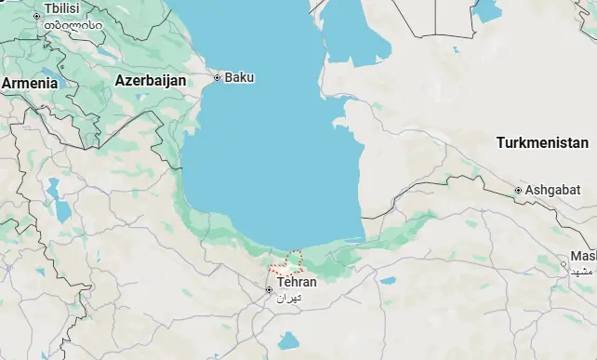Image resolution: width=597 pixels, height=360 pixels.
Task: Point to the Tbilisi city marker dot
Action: coord(37,16)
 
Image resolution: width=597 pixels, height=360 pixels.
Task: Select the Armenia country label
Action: coord(29,83)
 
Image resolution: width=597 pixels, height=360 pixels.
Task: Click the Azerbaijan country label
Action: coord(150,81)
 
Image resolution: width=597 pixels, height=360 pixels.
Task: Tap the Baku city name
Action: coord(240,76)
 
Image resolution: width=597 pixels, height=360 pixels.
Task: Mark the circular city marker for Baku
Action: coord(218,77)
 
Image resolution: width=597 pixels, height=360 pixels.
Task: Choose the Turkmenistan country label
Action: coord(542,143)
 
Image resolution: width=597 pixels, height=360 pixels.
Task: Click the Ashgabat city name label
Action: coord(551,191)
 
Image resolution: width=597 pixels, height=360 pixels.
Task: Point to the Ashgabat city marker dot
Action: coord(519,192)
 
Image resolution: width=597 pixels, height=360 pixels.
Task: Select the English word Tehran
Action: coord(297,282)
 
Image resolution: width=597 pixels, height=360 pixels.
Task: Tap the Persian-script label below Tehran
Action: coord(291,298)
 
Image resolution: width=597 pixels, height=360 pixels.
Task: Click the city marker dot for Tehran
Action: coord(270,290)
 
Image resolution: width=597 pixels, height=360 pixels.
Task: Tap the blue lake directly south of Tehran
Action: coord(288,340)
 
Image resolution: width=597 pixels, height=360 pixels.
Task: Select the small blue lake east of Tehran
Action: coord(388,280)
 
